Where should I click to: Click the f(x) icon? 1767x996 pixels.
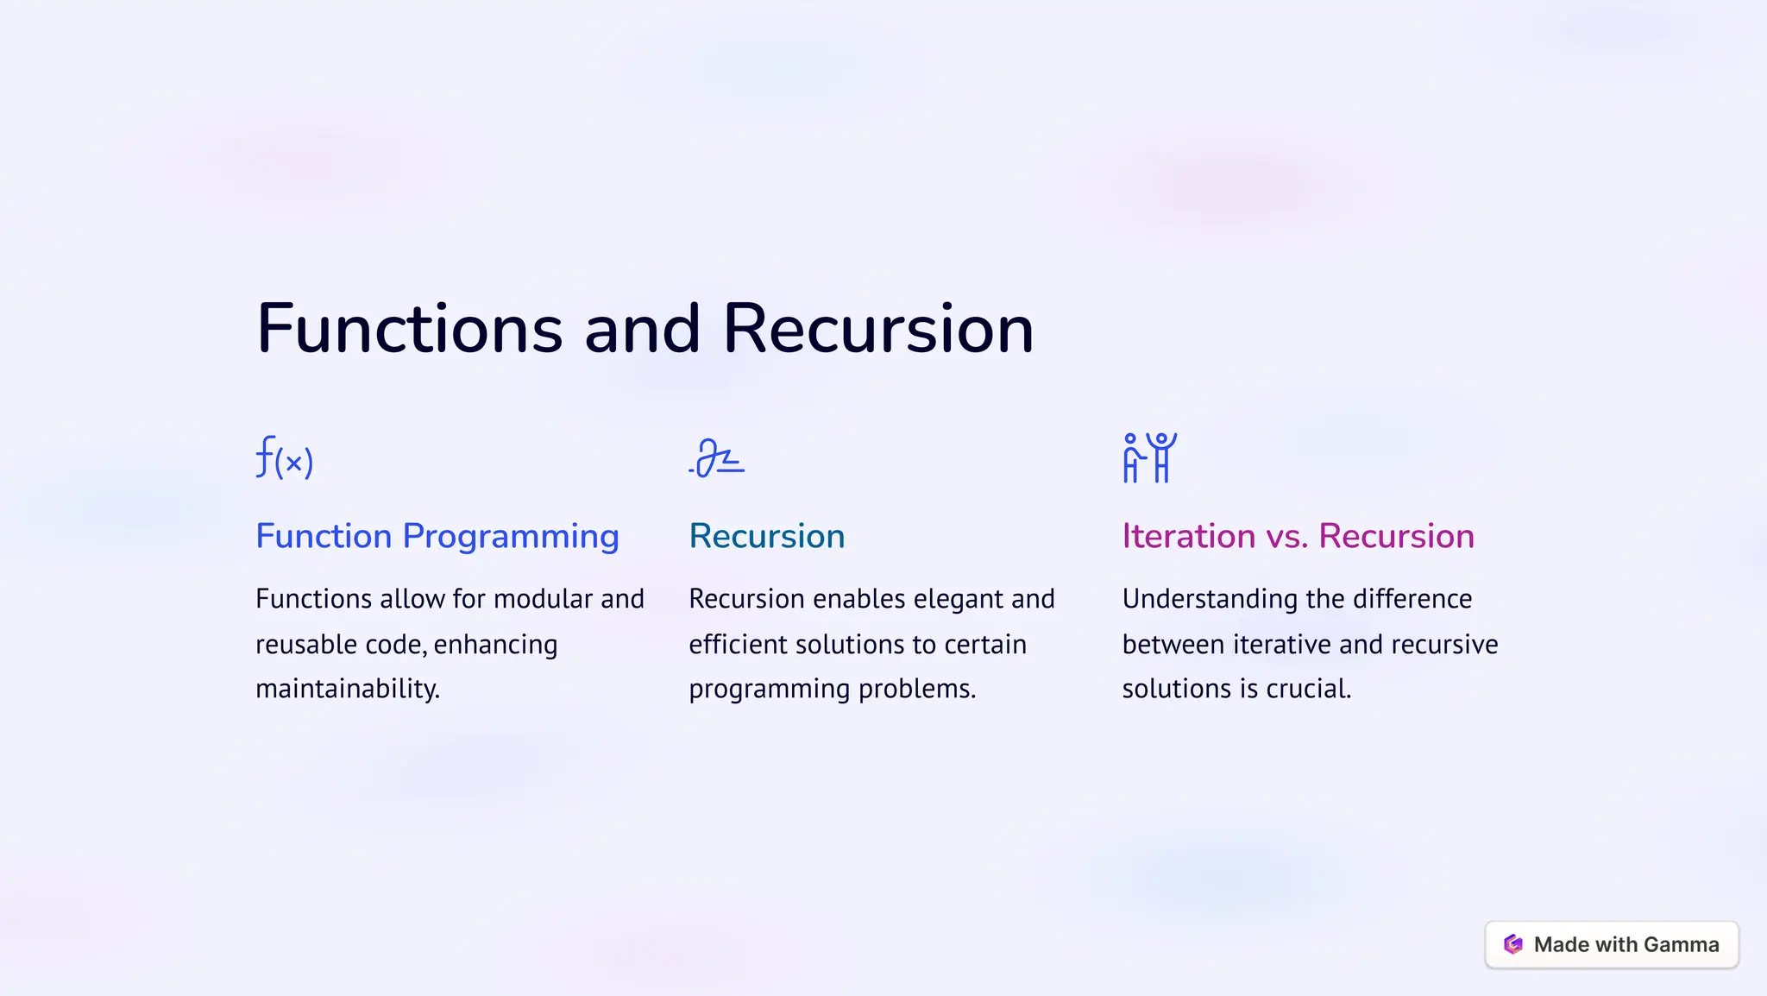pos(285,458)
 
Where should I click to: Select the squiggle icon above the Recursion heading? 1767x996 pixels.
pos(717,458)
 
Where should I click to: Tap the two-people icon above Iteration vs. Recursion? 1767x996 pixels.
pos(1149,457)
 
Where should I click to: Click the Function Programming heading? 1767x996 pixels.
pos(437,536)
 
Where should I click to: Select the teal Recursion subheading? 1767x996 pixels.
pos(766,536)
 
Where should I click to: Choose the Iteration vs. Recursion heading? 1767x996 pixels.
pos(1298,536)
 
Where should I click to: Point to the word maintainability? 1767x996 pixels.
pos(348,689)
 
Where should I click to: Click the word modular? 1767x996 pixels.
pos(547,599)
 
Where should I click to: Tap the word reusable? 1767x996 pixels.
pos(306,645)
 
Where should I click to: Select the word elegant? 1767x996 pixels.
pos(953,599)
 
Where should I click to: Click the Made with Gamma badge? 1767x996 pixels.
pos(1611,945)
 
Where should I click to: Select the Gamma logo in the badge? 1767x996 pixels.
pos(1513,945)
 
